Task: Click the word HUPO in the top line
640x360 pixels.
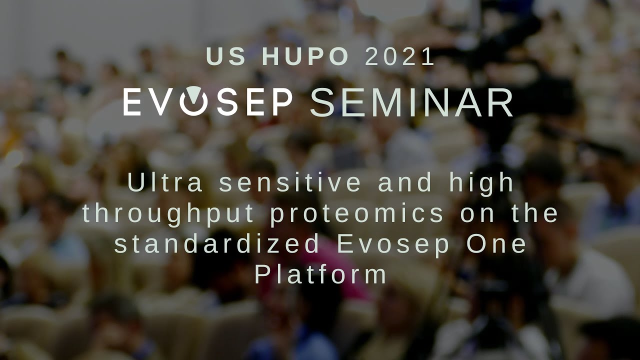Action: tap(305, 57)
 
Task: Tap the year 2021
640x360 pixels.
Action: tap(400, 57)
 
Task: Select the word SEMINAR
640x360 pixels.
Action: tap(411, 103)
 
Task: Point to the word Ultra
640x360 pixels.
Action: tap(165, 182)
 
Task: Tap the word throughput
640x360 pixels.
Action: tap(169, 214)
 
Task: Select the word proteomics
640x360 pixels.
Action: tap(357, 214)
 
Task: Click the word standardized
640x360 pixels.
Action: tap(217, 244)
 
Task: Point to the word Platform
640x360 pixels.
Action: tap(320, 275)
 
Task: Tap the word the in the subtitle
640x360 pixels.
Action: tap(534, 213)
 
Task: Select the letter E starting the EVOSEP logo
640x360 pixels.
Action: tap(132, 103)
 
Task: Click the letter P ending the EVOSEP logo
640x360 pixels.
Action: tap(283, 103)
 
